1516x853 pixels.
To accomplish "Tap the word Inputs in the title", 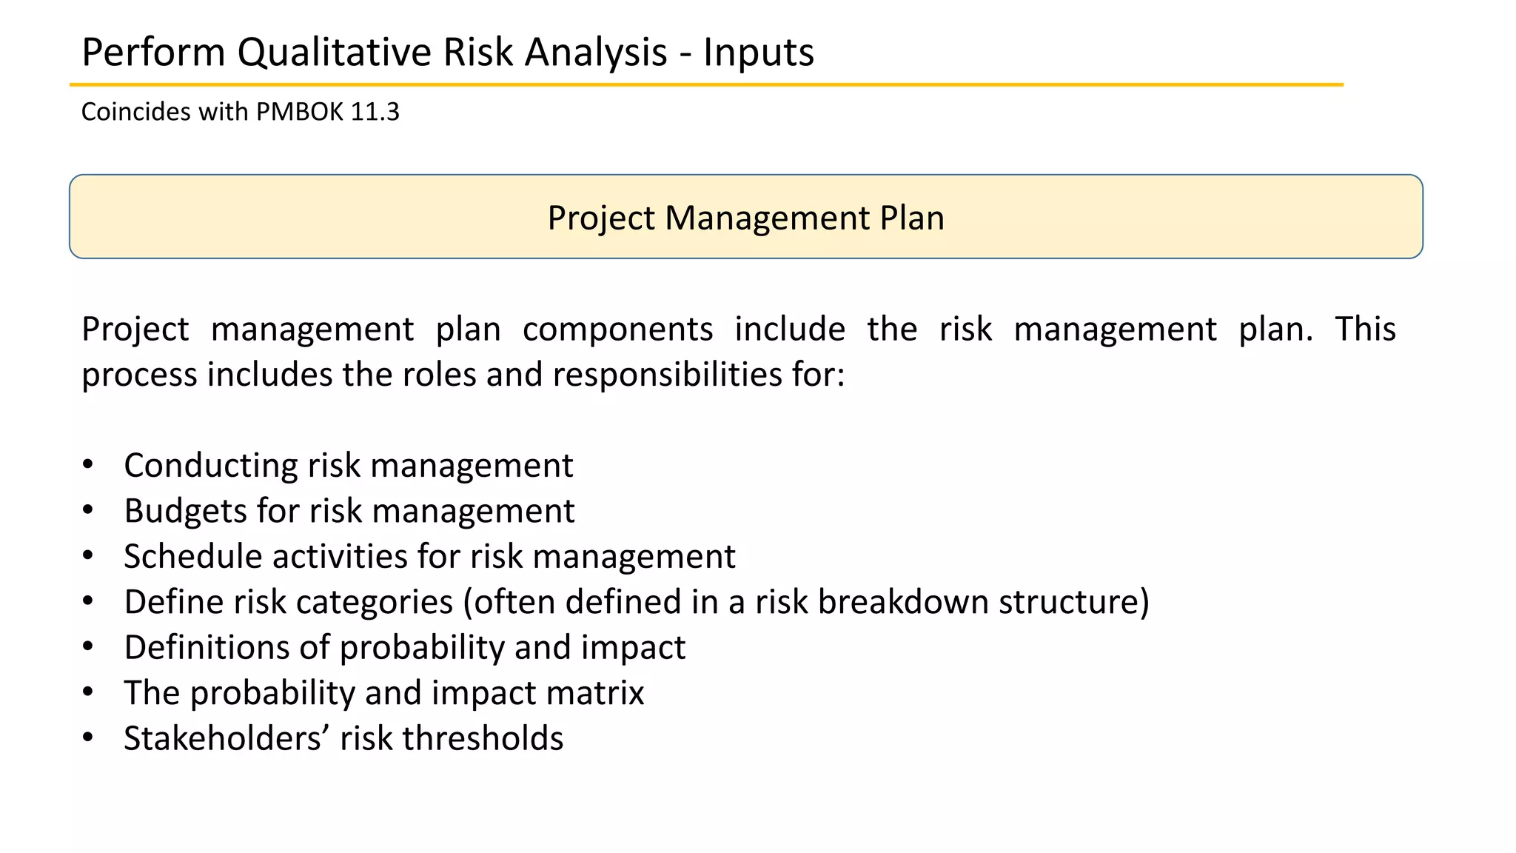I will pos(758,53).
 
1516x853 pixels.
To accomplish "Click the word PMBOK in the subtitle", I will pos(300,112).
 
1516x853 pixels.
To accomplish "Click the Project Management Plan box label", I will pos(745,218).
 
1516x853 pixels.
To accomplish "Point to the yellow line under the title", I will pos(706,85).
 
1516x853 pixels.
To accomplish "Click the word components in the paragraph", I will pos(617,330).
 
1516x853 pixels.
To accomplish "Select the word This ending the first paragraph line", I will pos(1365,330).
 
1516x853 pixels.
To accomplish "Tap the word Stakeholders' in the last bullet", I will pos(227,738).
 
